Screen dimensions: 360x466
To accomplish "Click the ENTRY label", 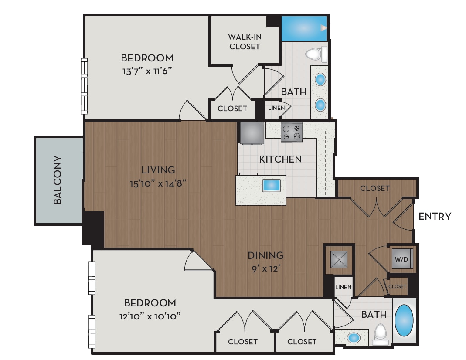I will [x=435, y=216].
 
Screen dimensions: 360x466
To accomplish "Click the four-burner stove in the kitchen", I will [x=292, y=132].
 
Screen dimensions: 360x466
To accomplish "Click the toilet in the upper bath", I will [x=317, y=54].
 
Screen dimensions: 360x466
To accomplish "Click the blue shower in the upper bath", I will [x=304, y=28].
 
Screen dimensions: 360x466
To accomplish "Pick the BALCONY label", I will [x=58, y=180].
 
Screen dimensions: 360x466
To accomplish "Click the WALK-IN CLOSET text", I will [x=244, y=42].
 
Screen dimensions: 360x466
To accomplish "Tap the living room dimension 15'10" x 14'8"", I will [x=158, y=183].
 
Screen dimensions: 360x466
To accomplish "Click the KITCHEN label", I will [x=280, y=159].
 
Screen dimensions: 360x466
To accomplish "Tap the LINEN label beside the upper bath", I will [x=276, y=108].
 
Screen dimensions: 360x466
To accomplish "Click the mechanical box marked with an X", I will [x=338, y=260].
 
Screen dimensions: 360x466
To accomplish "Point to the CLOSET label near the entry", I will [x=375, y=188].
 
